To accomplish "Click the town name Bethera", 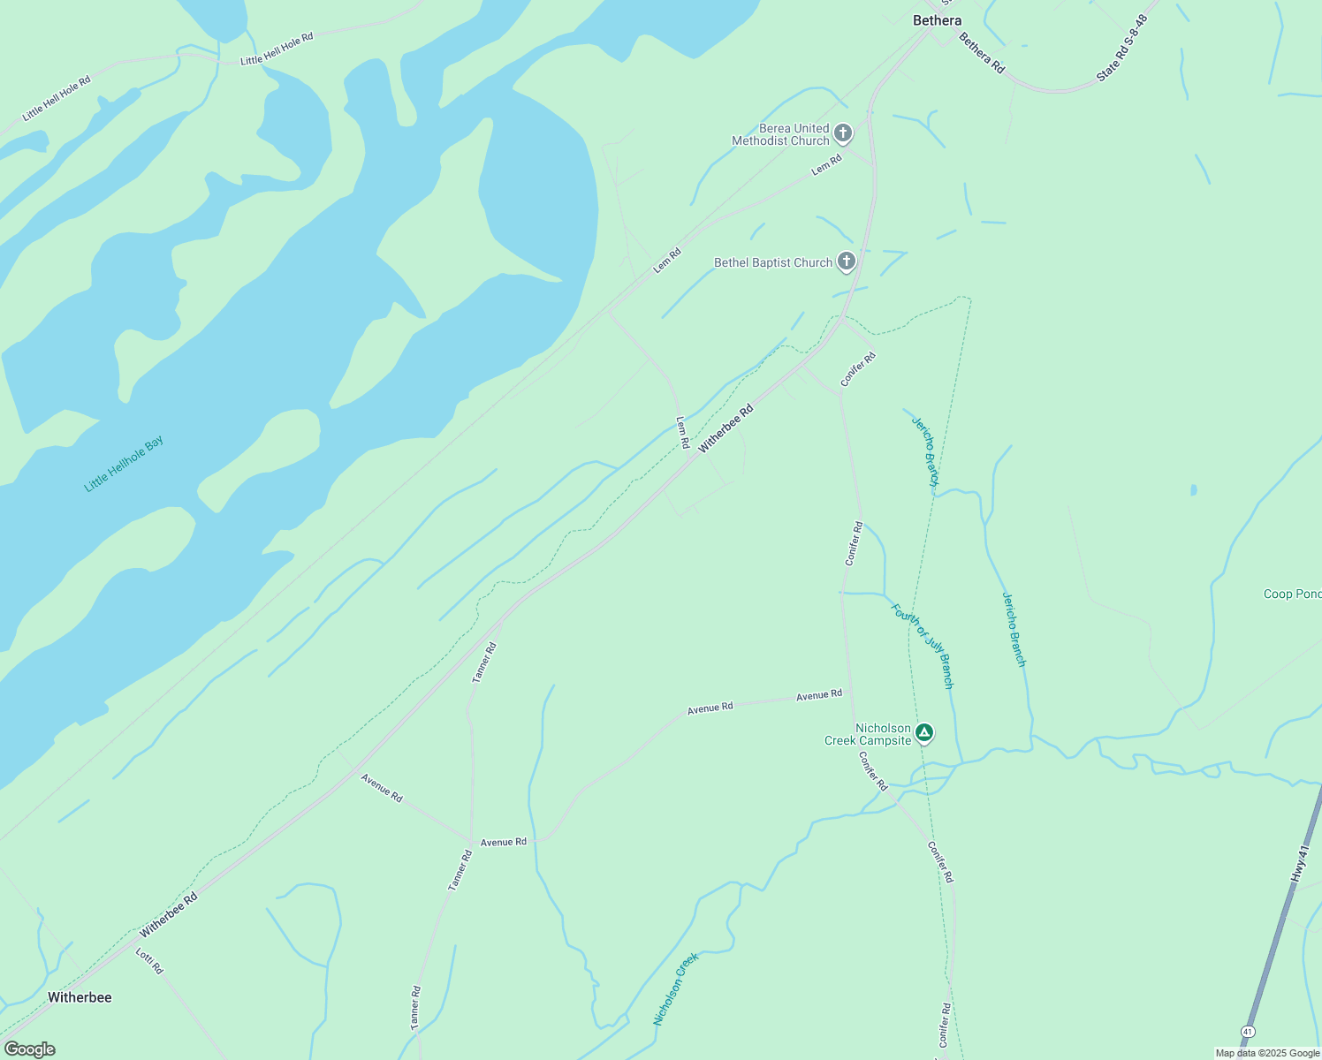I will click(x=937, y=20).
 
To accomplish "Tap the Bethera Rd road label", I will click(x=982, y=53).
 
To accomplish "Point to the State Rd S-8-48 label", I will click(x=1121, y=49).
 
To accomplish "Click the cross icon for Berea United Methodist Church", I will click(x=843, y=133).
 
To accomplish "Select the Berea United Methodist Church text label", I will click(x=781, y=134).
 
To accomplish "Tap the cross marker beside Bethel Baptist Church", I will click(x=846, y=261).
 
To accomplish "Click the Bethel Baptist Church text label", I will click(x=773, y=262).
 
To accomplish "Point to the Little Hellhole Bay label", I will click(x=124, y=464).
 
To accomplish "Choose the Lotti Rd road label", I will click(x=149, y=961).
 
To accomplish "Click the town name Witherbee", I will click(x=80, y=997).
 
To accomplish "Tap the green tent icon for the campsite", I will click(x=923, y=732).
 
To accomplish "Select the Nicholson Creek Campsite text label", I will click(x=868, y=734).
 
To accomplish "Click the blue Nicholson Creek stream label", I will click(x=676, y=989).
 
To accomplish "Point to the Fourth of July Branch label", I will click(x=923, y=646).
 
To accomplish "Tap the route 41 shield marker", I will click(x=1247, y=1032).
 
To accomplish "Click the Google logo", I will click(x=29, y=1049).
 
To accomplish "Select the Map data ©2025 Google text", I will click(x=1266, y=1053).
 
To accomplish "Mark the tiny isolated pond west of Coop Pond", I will click(x=1194, y=489).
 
